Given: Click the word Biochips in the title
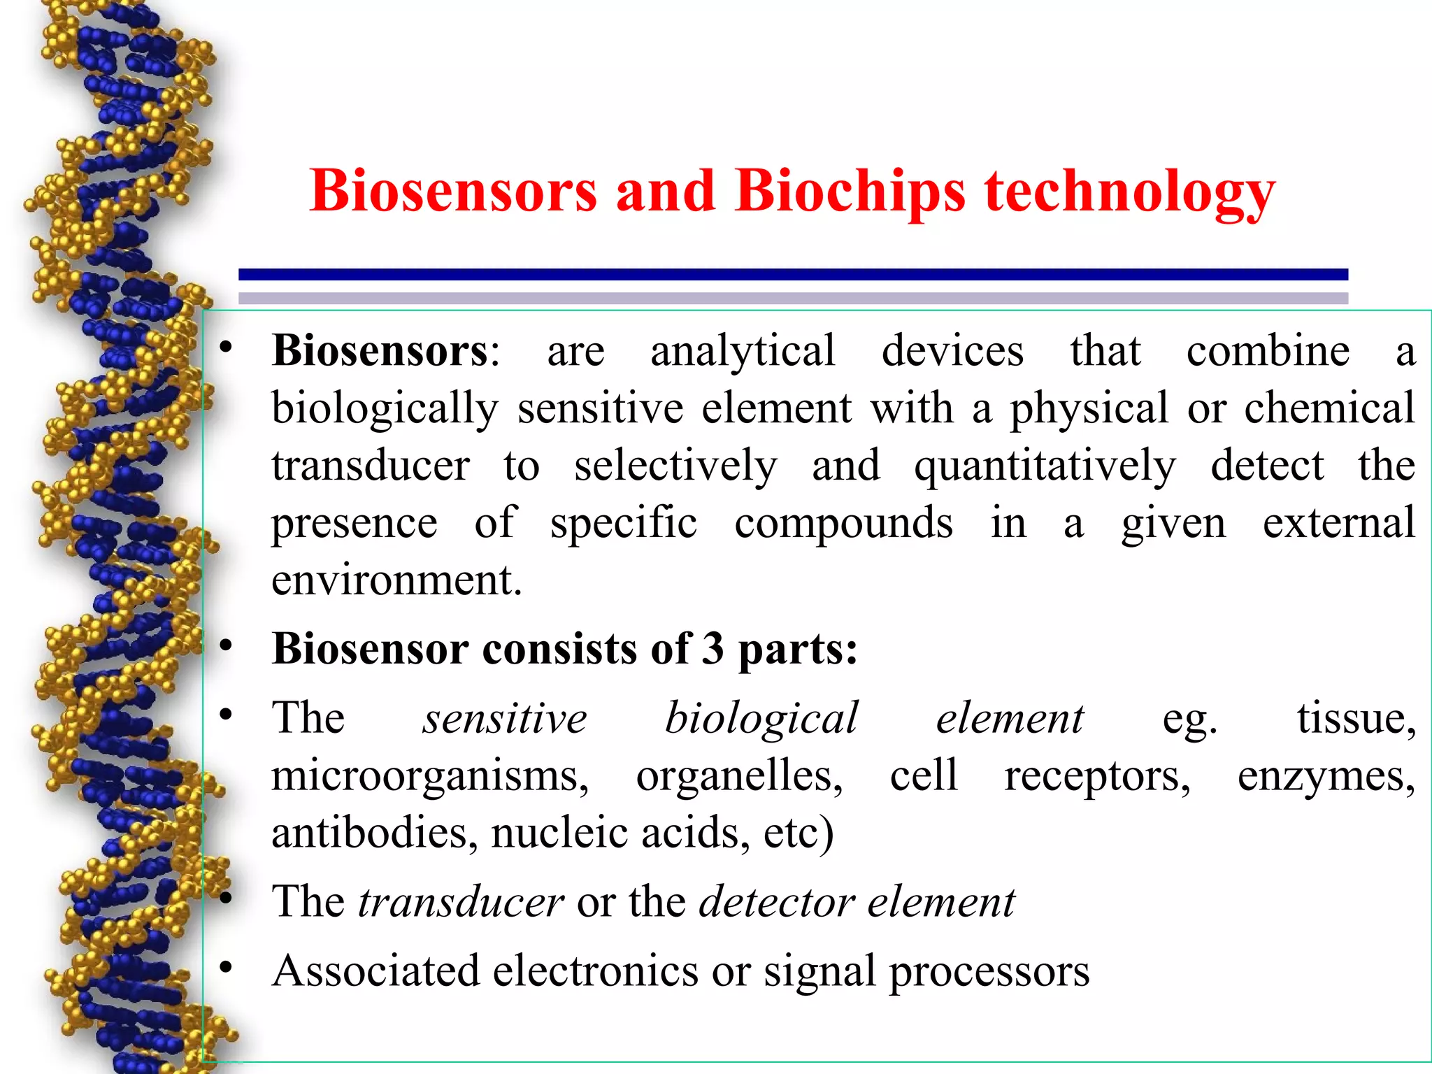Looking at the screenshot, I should point(850,191).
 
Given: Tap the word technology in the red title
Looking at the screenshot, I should point(1130,192).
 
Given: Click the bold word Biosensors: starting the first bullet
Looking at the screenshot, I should point(385,350).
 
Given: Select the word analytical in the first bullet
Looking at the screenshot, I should point(743,352).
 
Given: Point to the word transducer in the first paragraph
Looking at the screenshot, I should point(371,466).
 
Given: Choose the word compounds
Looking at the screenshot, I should point(843,524).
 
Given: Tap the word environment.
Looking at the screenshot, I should point(396,580).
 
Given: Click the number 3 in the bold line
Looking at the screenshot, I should point(713,648).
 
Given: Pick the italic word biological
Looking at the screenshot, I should point(761,719).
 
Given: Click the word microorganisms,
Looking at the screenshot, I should point(430,777).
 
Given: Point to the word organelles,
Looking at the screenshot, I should point(739,777).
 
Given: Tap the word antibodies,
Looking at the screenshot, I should point(375,833).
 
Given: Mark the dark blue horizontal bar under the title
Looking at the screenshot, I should point(793,275).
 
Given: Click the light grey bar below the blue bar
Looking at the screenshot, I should point(793,298).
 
